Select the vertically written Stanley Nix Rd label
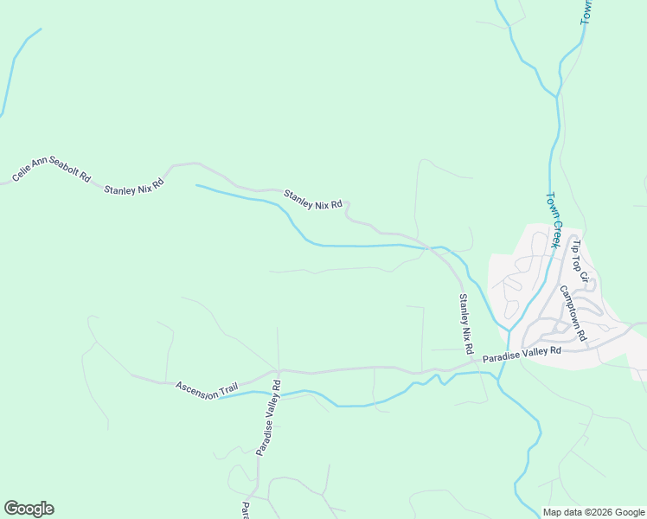[465, 324]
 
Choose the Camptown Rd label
[573, 312]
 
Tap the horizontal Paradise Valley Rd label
[522, 354]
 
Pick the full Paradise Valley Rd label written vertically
[267, 418]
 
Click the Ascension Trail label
[206, 389]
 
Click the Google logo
[29, 509]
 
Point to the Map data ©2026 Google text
[593, 512]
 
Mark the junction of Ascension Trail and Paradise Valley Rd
[278, 371]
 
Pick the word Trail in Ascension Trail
[227, 391]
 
